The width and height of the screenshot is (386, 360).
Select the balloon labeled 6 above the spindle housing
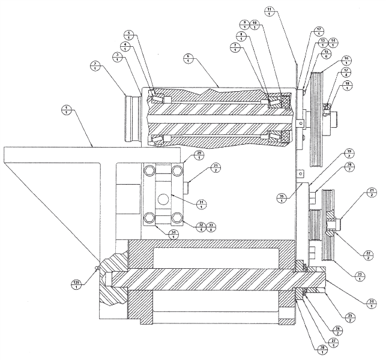[x=188, y=58]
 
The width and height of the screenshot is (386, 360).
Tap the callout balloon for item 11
[x=269, y=11]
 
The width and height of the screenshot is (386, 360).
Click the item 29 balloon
[x=199, y=156]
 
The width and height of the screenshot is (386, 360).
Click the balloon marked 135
[x=77, y=284]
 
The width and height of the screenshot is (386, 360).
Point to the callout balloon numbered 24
[x=372, y=303]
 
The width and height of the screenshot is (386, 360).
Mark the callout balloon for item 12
[x=319, y=31]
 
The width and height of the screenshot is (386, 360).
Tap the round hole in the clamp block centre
[x=163, y=199]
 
